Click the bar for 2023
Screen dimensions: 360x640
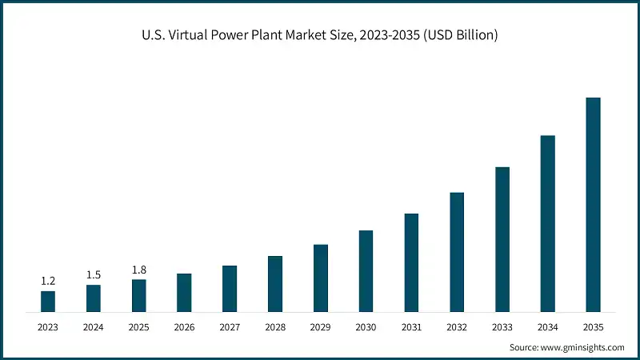(48, 301)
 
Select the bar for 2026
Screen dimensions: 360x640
(184, 292)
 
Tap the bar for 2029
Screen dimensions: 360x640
(321, 278)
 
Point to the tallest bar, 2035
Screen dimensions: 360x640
(593, 204)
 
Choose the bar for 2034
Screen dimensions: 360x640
(547, 223)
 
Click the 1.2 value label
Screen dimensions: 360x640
(48, 281)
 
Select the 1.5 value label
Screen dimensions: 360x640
(94, 274)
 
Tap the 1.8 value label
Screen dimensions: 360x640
(139, 270)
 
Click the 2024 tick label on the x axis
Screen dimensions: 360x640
(94, 326)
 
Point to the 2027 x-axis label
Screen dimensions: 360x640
(230, 326)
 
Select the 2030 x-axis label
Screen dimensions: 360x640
(366, 326)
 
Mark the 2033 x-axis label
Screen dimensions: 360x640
(502, 326)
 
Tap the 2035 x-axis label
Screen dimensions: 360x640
(593, 326)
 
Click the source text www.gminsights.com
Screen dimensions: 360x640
(582, 347)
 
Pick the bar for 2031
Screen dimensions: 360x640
(411, 262)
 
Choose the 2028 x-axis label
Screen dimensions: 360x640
(275, 326)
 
